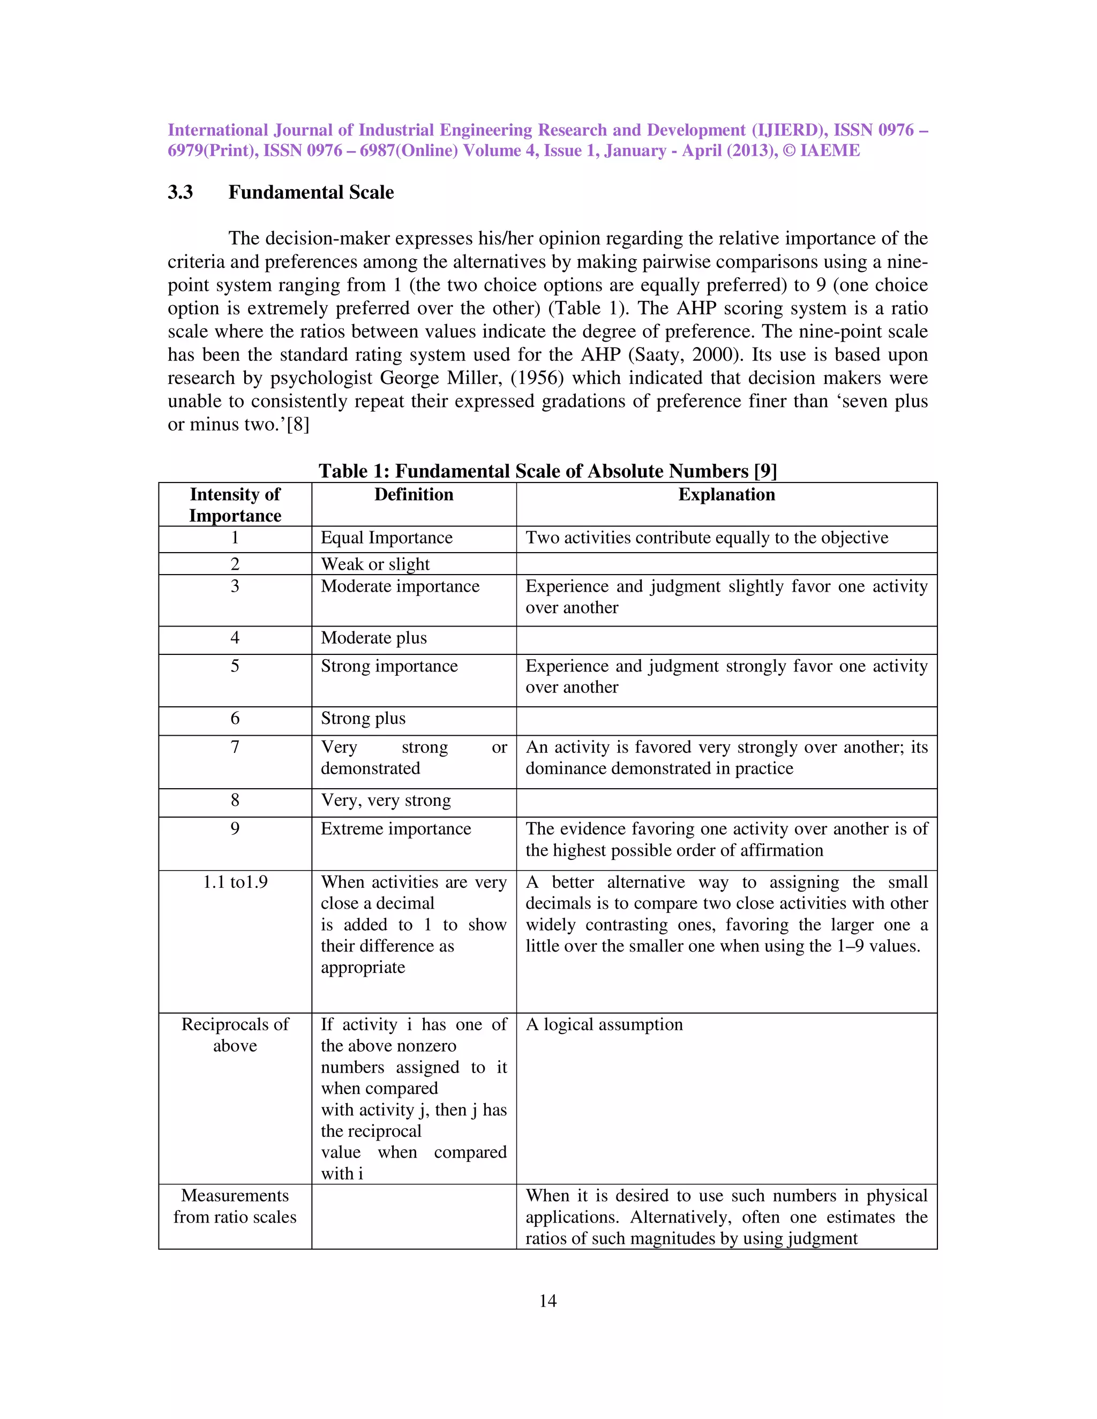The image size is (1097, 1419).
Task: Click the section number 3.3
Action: pos(180,192)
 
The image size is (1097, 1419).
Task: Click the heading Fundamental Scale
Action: pos(311,192)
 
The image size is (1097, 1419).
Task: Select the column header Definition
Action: pos(414,494)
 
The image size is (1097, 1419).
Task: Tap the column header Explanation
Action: pos(726,494)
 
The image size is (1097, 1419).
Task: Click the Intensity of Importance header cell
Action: pos(235,505)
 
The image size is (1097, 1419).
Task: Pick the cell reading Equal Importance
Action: pos(386,538)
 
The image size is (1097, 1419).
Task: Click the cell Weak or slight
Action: pos(375,564)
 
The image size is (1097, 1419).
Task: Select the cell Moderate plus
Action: pos(374,638)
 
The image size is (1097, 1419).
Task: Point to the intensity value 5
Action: pos(235,666)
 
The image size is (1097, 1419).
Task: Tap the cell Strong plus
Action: pos(363,719)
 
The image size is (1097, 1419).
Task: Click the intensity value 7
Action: pos(235,747)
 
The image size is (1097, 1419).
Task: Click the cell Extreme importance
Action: pos(396,829)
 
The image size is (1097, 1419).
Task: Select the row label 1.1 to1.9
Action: pos(235,882)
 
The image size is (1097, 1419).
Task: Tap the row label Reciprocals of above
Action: pos(235,1035)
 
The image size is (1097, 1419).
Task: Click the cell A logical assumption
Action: pos(604,1024)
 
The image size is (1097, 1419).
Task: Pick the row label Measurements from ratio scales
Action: pos(235,1206)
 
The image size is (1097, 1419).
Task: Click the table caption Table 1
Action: pos(547,471)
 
